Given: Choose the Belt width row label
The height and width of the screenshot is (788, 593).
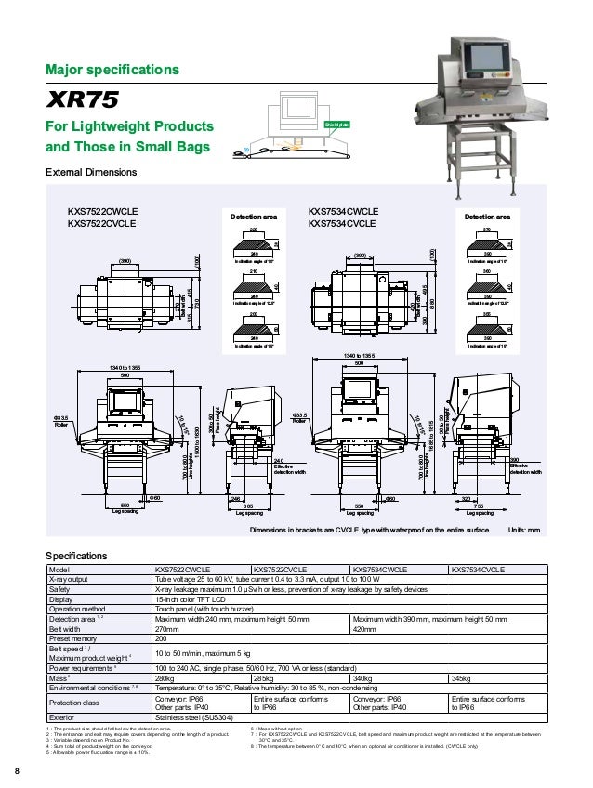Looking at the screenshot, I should pos(72,628).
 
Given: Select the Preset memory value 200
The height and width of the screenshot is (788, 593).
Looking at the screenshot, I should pos(162,638).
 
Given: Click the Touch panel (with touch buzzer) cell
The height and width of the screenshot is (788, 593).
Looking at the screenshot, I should pos(209,609).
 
